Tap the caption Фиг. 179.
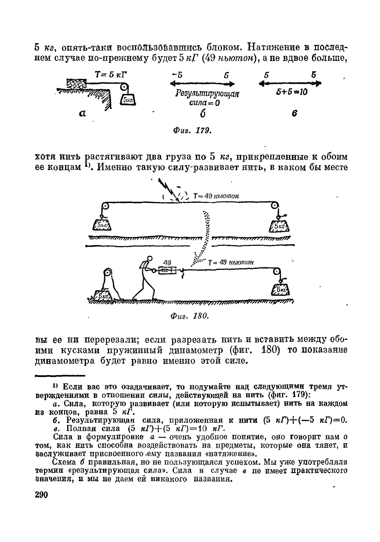coord(192,131)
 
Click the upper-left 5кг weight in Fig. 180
coord(102,225)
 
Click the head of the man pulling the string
coord(150,258)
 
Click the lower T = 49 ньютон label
coord(231,262)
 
